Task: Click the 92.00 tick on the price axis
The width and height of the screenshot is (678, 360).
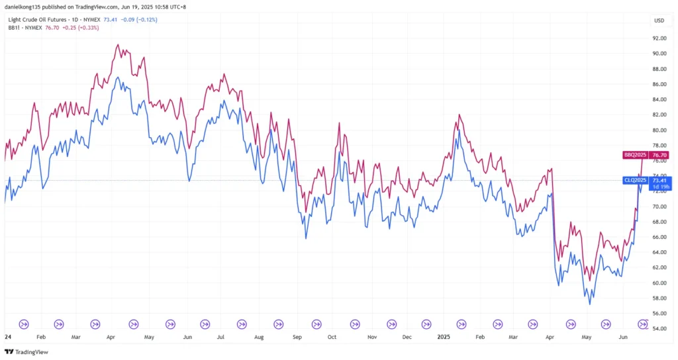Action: click(x=659, y=38)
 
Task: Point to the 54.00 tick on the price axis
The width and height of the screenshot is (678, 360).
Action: click(x=659, y=328)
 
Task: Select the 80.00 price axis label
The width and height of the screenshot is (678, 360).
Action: click(x=659, y=130)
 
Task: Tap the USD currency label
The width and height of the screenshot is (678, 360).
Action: click(x=659, y=21)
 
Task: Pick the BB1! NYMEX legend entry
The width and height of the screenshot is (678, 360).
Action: click(x=25, y=28)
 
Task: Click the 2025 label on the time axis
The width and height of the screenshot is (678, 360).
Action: click(x=444, y=336)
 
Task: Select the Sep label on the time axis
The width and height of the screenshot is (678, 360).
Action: click(x=297, y=336)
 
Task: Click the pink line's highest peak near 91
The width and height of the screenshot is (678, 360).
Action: click(x=118, y=45)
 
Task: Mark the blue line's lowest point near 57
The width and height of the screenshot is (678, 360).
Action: click(x=589, y=304)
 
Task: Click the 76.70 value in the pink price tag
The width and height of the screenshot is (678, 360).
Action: click(x=660, y=155)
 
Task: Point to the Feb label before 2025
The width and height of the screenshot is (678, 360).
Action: click(x=41, y=336)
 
